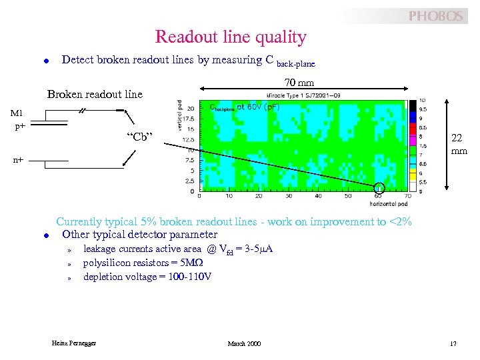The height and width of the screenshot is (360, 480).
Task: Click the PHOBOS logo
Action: (435, 16)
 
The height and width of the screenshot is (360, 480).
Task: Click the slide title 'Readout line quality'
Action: (231, 37)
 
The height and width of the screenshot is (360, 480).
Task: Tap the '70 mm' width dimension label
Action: (299, 83)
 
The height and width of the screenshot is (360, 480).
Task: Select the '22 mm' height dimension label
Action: (458, 144)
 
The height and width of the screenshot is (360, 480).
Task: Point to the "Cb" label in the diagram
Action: (140, 138)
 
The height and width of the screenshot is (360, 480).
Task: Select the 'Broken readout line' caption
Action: (95, 95)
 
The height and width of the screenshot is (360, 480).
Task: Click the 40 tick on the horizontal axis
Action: (319, 196)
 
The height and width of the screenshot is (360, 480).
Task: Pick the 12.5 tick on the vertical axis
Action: (189, 139)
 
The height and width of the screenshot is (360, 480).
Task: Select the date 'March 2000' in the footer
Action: (244, 343)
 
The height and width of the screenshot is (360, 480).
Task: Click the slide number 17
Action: (453, 343)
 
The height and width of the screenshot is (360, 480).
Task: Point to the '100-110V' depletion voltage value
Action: (190, 277)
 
